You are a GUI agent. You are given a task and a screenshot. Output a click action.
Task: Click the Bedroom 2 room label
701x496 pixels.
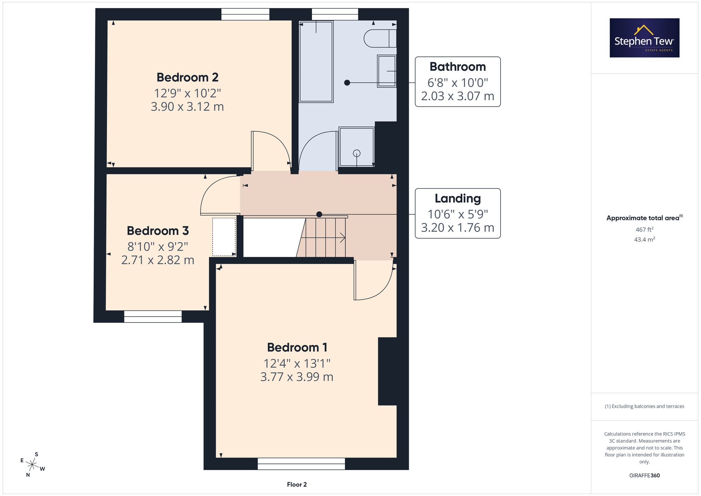click(188, 77)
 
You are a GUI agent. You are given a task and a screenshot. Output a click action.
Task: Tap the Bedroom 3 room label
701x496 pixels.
click(158, 231)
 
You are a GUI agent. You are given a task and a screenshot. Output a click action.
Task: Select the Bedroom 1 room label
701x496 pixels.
click(297, 347)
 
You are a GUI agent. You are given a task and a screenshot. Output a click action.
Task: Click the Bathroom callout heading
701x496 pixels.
click(458, 67)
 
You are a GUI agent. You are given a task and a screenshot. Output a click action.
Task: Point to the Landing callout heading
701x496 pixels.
click(458, 198)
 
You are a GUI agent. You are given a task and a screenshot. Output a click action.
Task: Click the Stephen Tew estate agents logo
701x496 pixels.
click(645, 38)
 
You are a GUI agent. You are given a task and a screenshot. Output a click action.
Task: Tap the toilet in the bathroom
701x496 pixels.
click(380, 39)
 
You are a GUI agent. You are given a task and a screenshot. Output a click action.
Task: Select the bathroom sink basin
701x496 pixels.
click(387, 71)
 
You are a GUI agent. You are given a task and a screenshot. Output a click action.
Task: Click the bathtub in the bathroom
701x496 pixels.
click(316, 62)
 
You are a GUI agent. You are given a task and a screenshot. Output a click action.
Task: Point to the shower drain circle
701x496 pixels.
click(357, 153)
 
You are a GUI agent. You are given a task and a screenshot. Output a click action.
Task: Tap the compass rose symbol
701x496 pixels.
click(32, 465)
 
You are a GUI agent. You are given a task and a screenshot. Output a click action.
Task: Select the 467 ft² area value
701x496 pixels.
click(645, 230)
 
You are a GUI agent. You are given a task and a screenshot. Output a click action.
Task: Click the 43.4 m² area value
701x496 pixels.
click(645, 239)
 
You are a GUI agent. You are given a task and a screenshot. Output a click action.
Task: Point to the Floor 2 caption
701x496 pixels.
click(297, 484)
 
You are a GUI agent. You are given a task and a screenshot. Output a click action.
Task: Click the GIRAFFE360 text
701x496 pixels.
click(645, 475)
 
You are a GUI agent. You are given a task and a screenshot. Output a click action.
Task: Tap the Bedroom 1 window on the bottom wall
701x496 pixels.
click(301, 464)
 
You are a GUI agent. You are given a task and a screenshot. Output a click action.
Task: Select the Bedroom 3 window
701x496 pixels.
click(153, 317)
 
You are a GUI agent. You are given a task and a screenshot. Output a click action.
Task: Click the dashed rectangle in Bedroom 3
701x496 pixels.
click(224, 237)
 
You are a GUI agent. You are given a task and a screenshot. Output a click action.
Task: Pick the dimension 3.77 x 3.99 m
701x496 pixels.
click(297, 377)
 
